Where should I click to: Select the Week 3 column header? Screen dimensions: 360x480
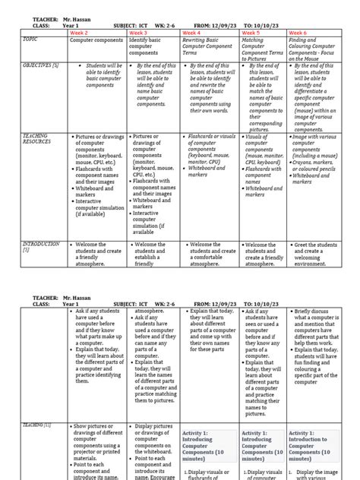138,33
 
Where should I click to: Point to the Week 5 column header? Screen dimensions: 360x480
250,33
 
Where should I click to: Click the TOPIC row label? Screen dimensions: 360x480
30,39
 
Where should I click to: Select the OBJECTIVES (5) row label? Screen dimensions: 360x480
41,66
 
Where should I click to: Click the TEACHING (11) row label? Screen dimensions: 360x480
37,425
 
